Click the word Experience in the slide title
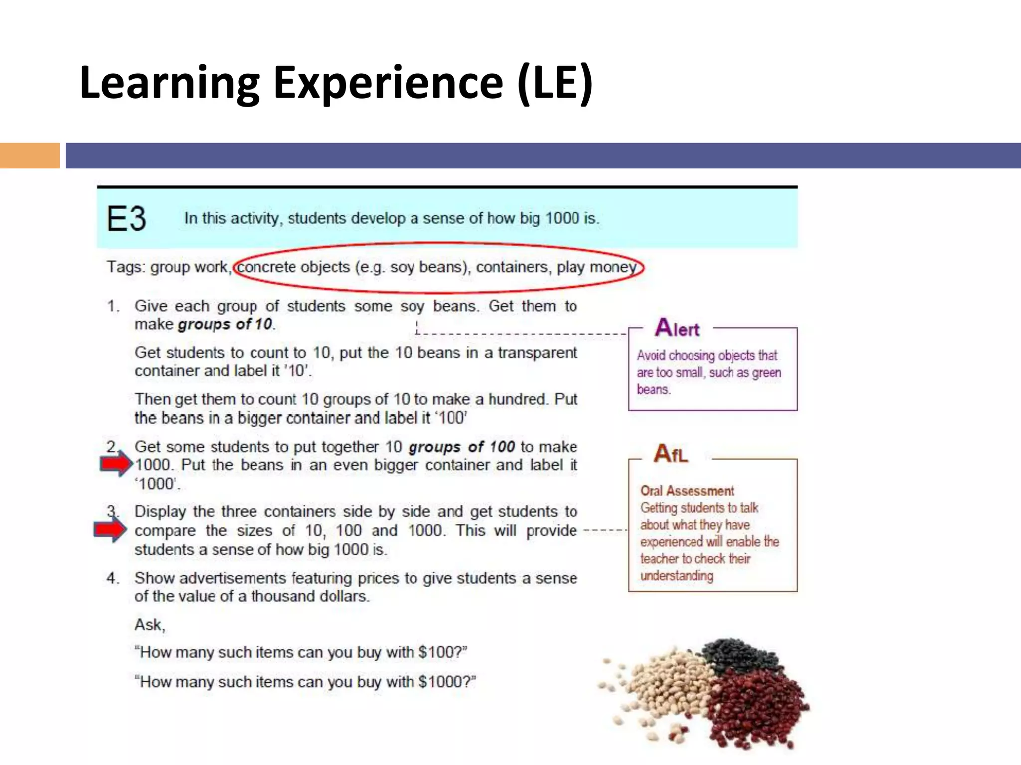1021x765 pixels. (x=388, y=82)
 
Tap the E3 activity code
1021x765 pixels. (x=126, y=219)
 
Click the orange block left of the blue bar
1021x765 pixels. (x=29, y=155)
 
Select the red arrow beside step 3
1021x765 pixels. (x=110, y=529)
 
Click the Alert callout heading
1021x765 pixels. (x=677, y=328)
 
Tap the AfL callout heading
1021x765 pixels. (x=671, y=454)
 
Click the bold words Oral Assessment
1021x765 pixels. (x=687, y=491)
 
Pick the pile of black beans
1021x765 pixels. (x=739, y=655)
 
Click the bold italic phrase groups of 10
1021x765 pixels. (x=225, y=324)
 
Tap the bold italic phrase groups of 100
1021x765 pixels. (x=462, y=447)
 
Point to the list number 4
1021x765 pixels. (x=113, y=578)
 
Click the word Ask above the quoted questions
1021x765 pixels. (x=149, y=625)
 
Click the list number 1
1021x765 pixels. (x=113, y=306)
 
